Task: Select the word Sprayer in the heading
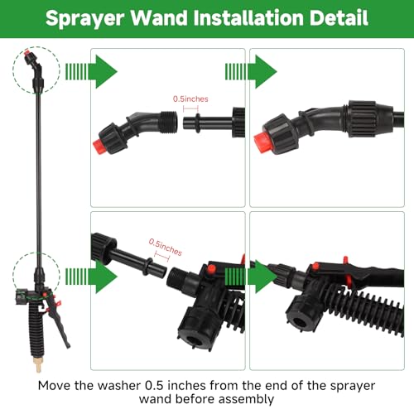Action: [84, 19]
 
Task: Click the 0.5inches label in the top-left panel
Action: [190, 99]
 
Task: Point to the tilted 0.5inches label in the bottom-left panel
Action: [166, 247]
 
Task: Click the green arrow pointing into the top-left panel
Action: [91, 71]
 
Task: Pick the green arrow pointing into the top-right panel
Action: [251, 71]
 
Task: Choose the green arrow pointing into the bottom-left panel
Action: [91, 277]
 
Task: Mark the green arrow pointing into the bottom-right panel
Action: [251, 277]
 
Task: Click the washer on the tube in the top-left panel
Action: [198, 123]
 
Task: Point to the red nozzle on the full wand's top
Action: [27, 52]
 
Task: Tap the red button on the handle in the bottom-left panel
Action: [211, 269]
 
